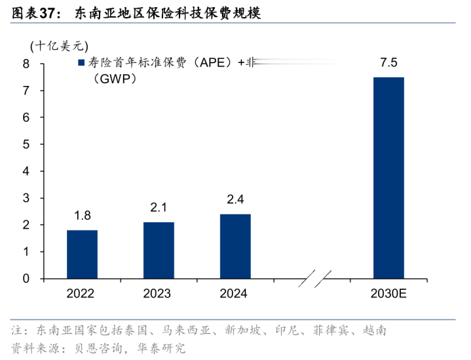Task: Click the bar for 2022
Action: click(x=82, y=254)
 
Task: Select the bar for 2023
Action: click(x=159, y=250)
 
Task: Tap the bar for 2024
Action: click(x=235, y=247)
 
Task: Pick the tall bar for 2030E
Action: click(x=388, y=178)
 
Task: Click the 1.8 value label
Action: click(x=82, y=215)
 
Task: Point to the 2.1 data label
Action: click(x=159, y=207)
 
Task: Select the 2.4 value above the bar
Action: click(x=235, y=199)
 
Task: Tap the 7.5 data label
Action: click(x=388, y=63)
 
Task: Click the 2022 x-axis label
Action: click(x=82, y=294)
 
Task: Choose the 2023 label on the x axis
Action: click(x=159, y=294)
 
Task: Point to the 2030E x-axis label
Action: click(x=388, y=294)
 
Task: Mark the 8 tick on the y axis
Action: click(x=26, y=64)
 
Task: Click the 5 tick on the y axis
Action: click(x=26, y=144)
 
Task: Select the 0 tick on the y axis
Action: click(x=26, y=279)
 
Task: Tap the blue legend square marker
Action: click(x=81, y=63)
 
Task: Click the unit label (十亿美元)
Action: click(x=58, y=46)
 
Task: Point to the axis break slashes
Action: click(x=312, y=279)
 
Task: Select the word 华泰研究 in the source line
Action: click(x=163, y=347)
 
